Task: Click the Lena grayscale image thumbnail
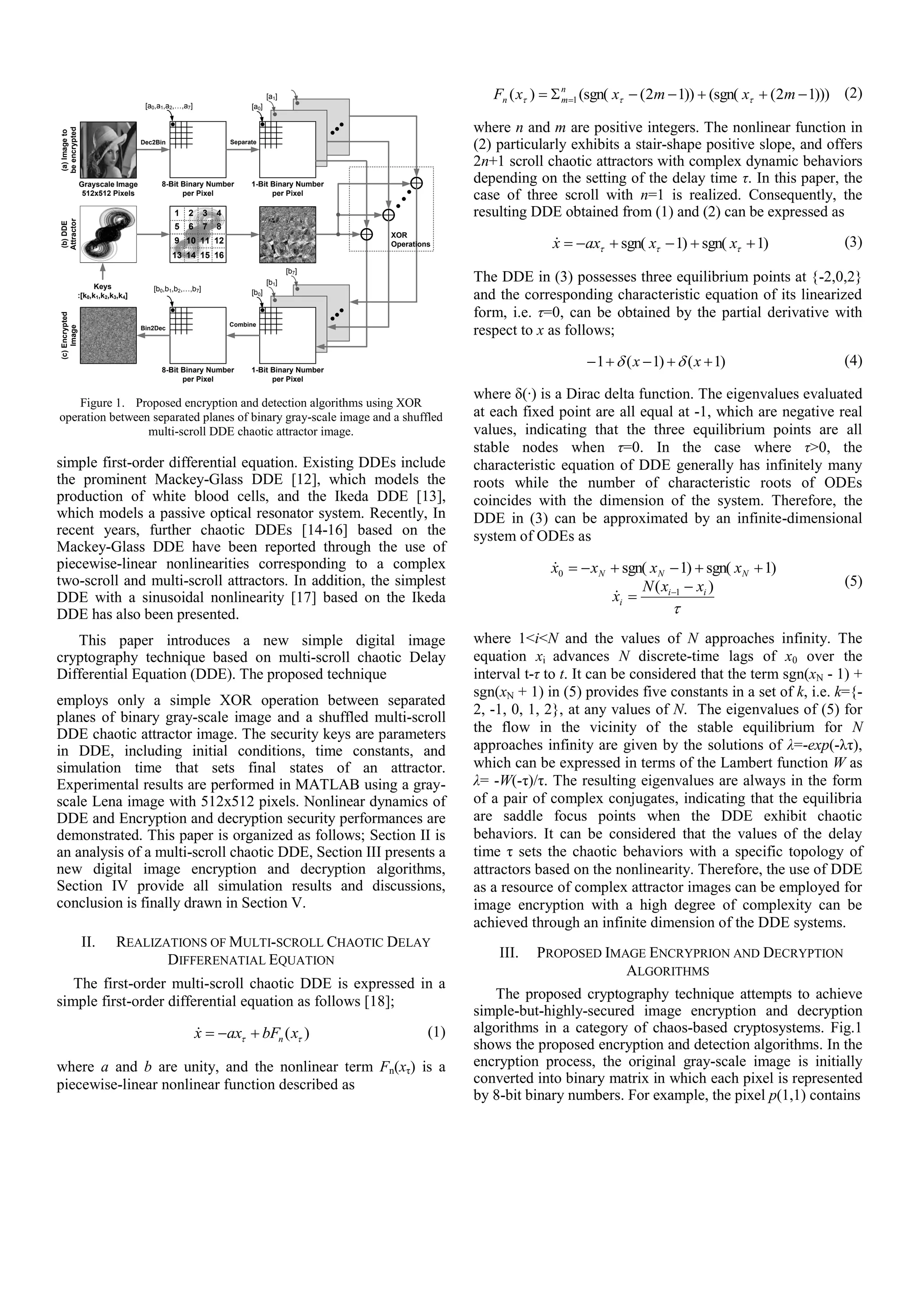[x=108, y=150]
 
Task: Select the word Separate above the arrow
[x=243, y=142]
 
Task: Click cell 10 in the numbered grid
[x=191, y=241]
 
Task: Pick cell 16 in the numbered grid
[x=219, y=256]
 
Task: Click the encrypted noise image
[x=108, y=335]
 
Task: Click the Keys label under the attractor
[x=102, y=286]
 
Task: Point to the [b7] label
[x=291, y=272]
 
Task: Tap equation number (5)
[x=853, y=582]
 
